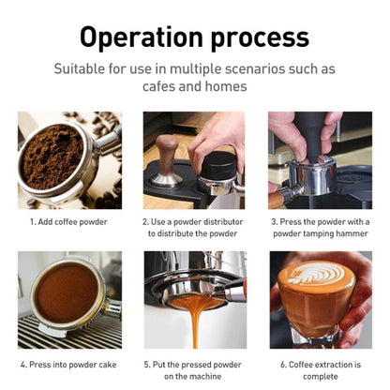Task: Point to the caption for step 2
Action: click(195, 228)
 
